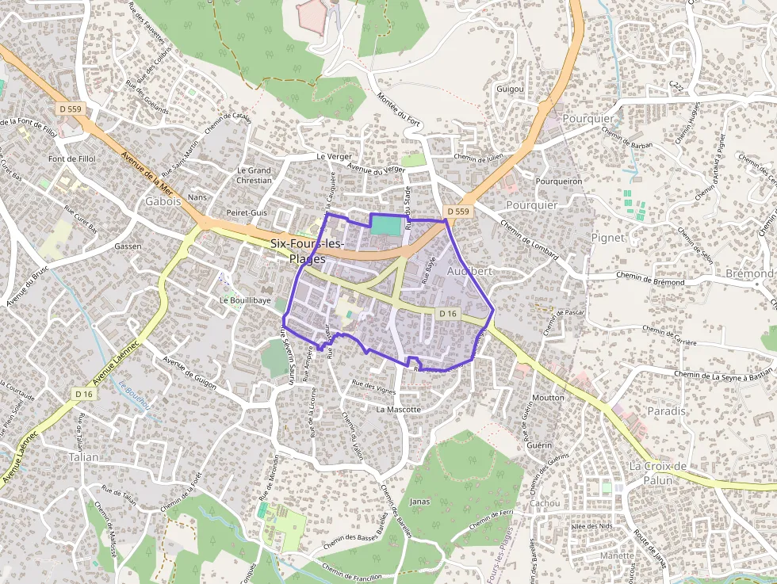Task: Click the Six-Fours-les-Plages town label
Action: tap(308, 251)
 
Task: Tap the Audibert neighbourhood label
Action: tap(470, 271)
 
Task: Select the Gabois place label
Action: tap(163, 201)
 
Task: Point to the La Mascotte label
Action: tap(399, 409)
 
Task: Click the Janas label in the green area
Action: tap(419, 502)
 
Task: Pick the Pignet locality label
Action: tap(608, 237)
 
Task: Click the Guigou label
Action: tap(510, 89)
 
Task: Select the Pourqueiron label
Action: tap(559, 181)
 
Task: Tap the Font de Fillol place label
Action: tap(72, 158)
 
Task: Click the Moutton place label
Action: tap(549, 397)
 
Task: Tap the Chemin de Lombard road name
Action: tap(530, 239)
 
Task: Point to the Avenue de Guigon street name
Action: tap(189, 372)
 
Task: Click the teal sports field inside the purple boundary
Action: tap(386, 225)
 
